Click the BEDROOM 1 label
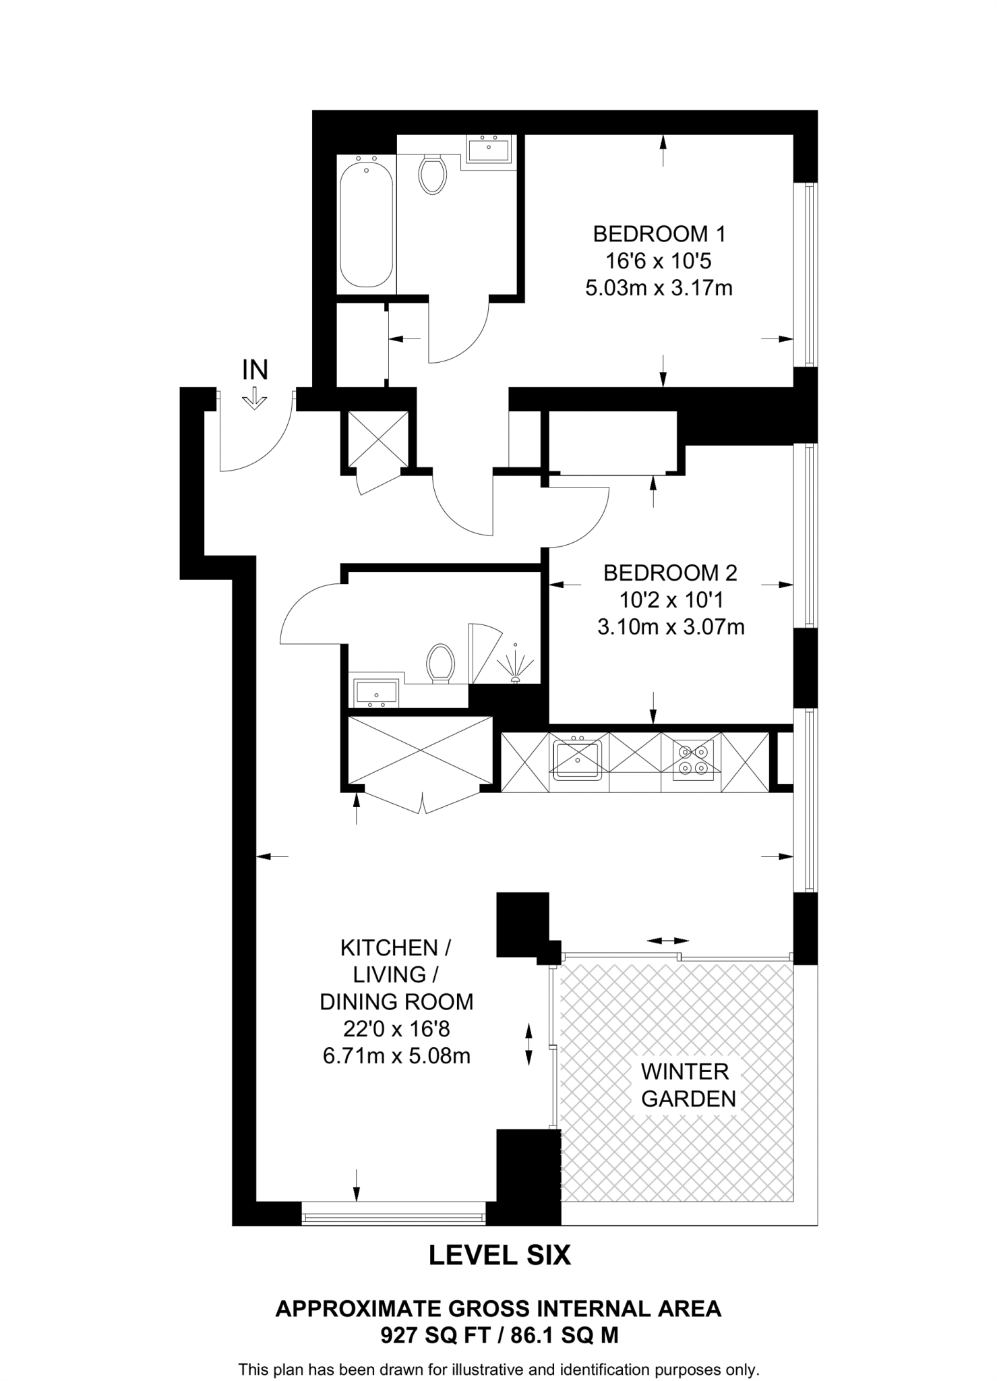coord(659,235)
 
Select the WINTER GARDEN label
coord(688,1085)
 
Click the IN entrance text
coord(255,370)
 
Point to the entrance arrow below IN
coord(255,399)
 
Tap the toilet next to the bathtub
coord(432,175)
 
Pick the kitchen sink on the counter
coord(577,759)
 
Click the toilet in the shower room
coord(440,663)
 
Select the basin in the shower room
coord(375,693)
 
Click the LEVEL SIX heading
coord(500,1255)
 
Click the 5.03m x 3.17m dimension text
coord(659,289)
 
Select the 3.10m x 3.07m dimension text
coord(670,628)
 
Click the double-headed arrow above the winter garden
coord(667,940)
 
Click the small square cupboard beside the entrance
coord(378,439)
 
